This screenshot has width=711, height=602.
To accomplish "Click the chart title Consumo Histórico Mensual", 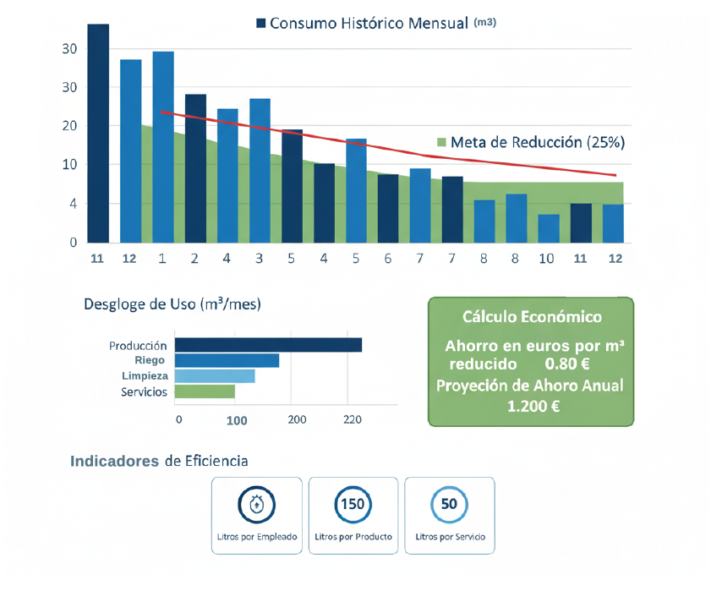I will [369, 23].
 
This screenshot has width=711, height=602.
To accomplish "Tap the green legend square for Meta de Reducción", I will [440, 142].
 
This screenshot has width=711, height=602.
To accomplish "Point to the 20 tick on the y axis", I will [69, 126].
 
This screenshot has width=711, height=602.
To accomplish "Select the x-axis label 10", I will [547, 259].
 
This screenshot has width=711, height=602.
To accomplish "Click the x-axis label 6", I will [388, 259].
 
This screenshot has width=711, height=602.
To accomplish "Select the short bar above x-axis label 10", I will [548, 228].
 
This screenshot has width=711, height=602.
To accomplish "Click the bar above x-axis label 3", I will [260, 170].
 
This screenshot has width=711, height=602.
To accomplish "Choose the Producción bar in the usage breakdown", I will [268, 345].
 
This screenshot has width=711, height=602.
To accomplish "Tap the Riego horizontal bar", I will [227, 361].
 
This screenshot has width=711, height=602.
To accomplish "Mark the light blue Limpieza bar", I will [215, 376].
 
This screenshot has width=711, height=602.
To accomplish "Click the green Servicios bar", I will [205, 391].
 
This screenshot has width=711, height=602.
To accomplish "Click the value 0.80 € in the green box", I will [567, 364].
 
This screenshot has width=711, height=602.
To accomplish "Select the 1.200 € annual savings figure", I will [533, 406].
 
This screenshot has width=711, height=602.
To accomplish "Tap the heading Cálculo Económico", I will [532, 317].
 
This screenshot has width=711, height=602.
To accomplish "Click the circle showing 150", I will [353, 505].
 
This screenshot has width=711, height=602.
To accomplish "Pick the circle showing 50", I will [449, 505].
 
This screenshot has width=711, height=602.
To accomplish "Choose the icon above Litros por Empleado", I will [257, 505].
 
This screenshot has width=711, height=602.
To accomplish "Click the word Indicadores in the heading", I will [115, 461].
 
